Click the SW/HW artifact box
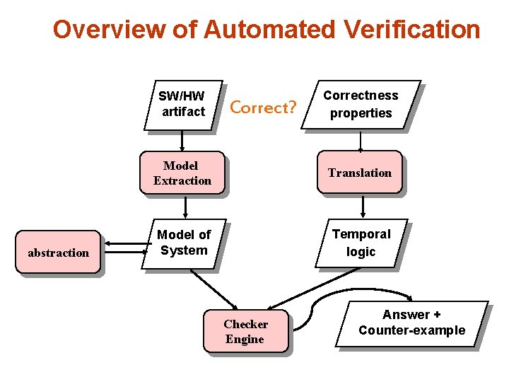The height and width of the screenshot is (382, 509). [x=182, y=104]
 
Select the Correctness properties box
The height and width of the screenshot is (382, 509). [x=361, y=104]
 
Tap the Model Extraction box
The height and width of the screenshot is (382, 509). [x=182, y=173]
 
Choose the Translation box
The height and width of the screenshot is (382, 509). [x=359, y=173]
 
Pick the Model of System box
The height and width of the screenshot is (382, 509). [x=183, y=243]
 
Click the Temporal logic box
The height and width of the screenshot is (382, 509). [x=361, y=243]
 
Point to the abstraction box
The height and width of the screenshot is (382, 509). [x=58, y=253]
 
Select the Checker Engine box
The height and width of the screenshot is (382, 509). [x=245, y=331]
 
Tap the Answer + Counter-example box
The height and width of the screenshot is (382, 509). [x=411, y=323]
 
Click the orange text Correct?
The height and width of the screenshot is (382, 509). [x=263, y=108]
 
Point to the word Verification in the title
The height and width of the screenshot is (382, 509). [x=411, y=30]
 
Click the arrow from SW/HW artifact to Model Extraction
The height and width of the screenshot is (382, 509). [x=182, y=140]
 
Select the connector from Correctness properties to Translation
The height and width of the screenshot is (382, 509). [x=361, y=140]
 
